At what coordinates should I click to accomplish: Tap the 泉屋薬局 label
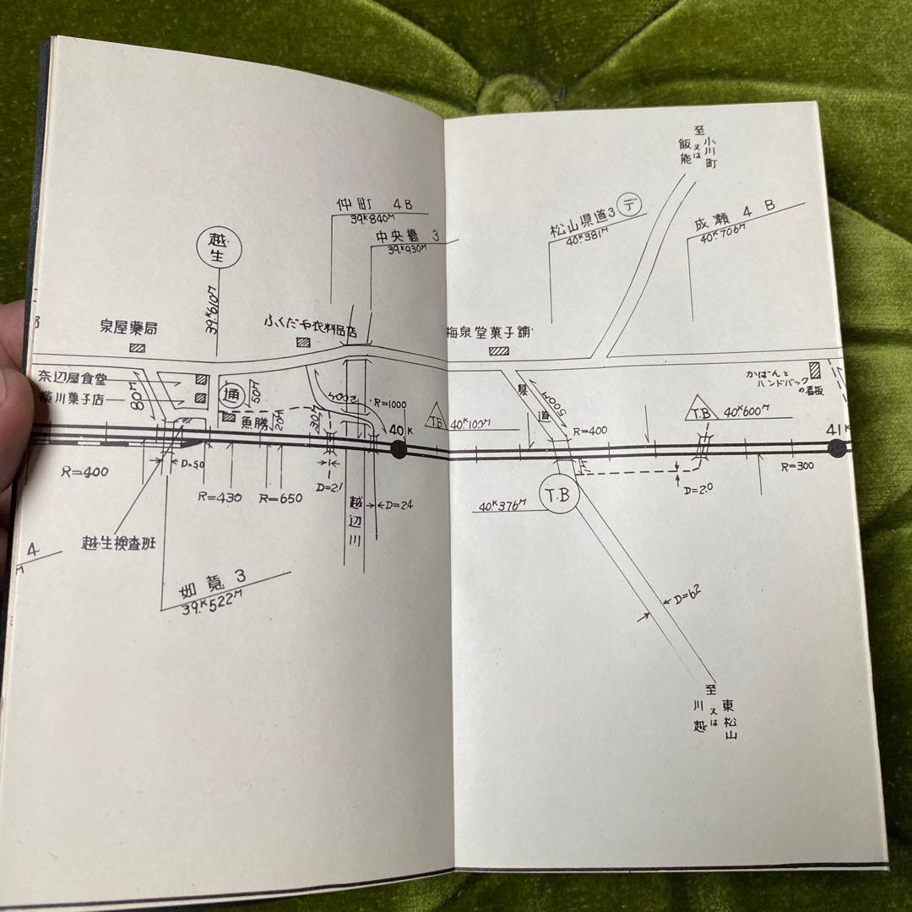coord(128,327)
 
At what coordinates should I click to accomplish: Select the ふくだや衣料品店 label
coord(312,323)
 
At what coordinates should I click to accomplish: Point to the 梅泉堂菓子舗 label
coord(488,332)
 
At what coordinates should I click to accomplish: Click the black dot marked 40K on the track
coord(399,449)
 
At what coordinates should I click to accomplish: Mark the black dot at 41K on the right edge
coord(837,448)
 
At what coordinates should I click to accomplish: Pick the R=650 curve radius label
coord(280,498)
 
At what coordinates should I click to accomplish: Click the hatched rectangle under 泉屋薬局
coord(137,347)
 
